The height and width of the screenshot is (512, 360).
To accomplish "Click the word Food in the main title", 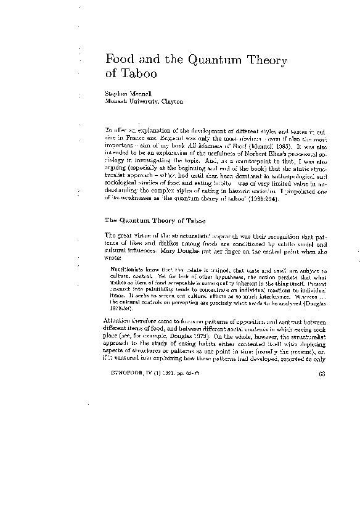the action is tap(120, 60).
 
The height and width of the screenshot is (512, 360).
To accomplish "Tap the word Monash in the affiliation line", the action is tap(118, 101).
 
